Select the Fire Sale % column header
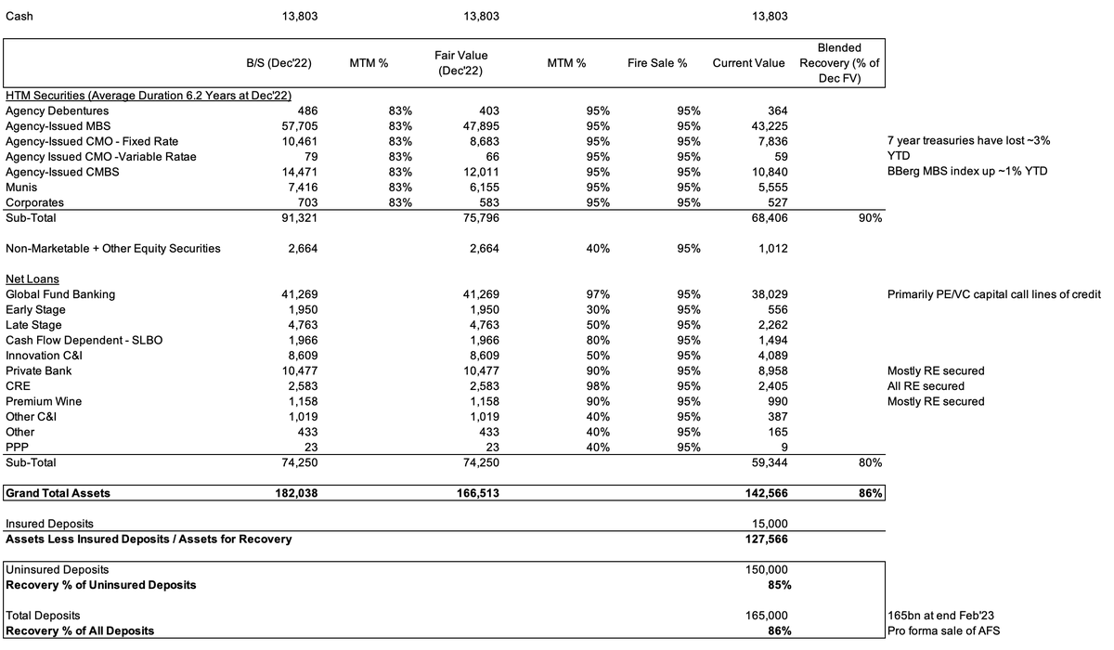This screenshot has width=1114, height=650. [663, 63]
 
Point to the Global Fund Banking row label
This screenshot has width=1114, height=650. [60, 294]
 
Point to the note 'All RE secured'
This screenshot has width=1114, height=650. [926, 386]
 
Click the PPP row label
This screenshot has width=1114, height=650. [17, 447]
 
